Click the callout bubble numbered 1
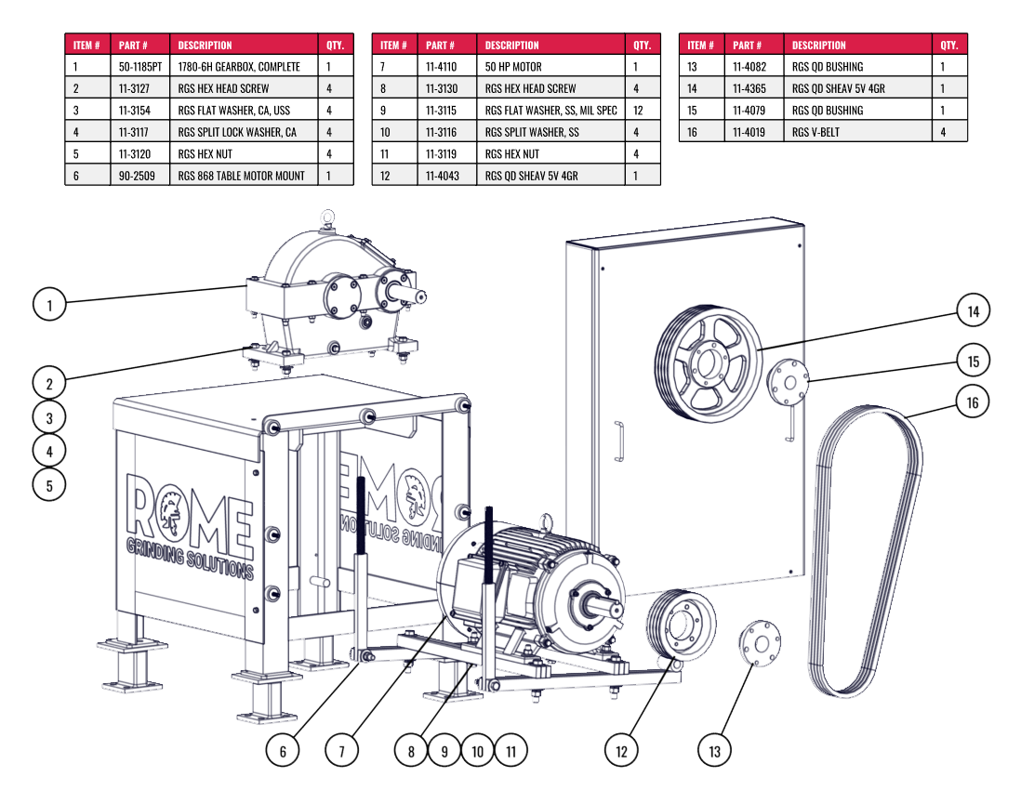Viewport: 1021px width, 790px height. tap(49, 303)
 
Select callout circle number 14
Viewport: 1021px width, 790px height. tap(973, 311)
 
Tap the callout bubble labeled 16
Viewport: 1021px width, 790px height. tap(973, 402)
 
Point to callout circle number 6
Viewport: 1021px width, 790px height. tap(283, 750)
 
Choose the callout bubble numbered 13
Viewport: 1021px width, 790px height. tap(714, 750)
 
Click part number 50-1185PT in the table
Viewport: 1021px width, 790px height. tap(139, 67)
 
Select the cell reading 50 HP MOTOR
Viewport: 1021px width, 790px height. tap(513, 67)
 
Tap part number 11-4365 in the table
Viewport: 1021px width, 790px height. tap(749, 88)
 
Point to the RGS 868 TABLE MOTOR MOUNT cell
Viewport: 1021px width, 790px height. tap(241, 176)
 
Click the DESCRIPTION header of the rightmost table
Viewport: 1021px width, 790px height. tap(818, 45)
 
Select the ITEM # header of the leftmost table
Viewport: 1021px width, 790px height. tap(86, 45)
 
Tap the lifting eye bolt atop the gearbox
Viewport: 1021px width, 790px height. tap(326, 218)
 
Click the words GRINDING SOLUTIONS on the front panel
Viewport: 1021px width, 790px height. tap(190, 557)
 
